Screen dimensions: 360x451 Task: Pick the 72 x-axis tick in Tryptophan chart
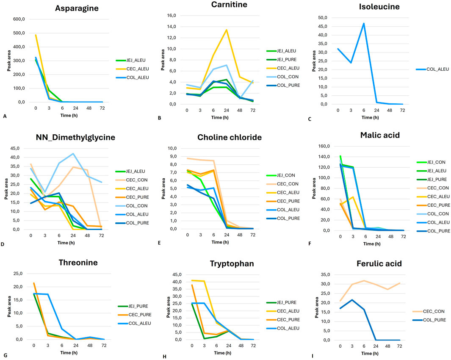(x=253, y=346)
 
